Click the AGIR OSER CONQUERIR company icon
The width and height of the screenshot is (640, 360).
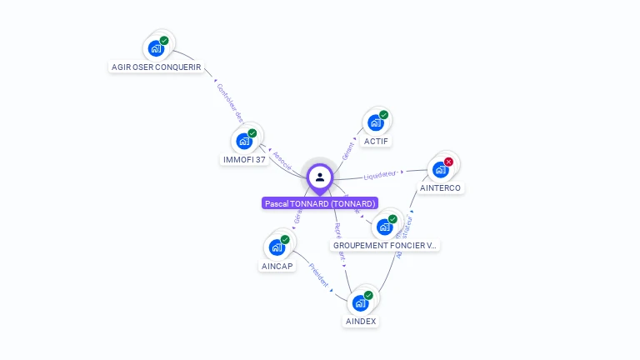[156, 48]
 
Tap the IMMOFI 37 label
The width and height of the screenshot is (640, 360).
[245, 159]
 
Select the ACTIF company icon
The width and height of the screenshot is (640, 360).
[376, 123]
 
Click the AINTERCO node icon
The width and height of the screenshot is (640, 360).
[441, 170]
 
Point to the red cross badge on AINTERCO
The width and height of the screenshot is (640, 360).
[449, 162]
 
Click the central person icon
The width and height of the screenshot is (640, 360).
[320, 177]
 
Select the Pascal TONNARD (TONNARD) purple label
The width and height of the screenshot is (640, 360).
[320, 203]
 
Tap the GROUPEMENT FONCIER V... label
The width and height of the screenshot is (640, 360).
[385, 246]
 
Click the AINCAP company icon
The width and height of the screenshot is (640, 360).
[277, 247]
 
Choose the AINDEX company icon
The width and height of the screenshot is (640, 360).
[361, 302]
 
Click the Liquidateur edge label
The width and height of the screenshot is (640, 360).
[380, 176]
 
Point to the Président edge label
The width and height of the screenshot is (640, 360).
[318, 276]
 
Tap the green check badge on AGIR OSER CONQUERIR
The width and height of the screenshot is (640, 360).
[164, 40]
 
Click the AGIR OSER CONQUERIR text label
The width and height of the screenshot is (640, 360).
[157, 67]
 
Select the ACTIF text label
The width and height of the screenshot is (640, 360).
[377, 141]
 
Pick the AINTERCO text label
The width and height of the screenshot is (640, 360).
[440, 187]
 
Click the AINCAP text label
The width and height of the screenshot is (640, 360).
[277, 266]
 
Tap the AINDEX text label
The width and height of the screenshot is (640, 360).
[361, 321]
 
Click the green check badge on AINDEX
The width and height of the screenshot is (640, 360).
[368, 295]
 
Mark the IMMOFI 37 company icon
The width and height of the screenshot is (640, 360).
[244, 141]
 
